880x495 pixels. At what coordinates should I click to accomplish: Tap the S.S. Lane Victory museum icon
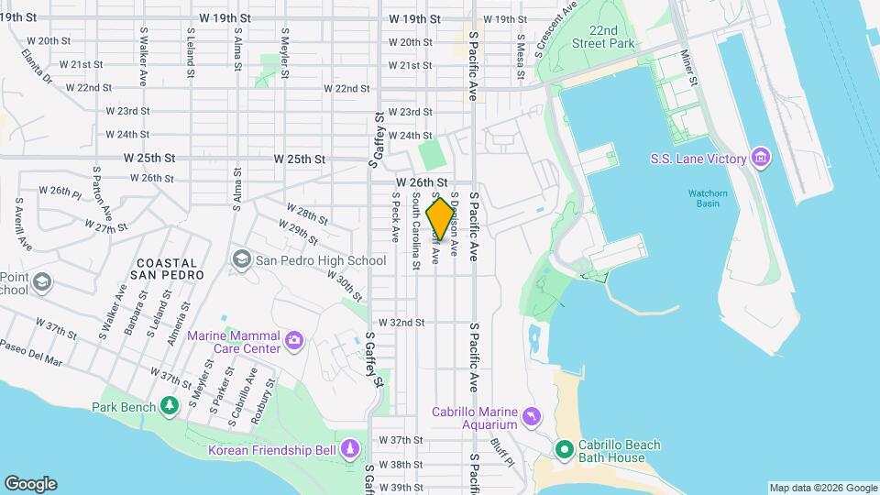point(760,159)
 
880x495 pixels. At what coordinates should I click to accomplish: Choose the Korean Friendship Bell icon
point(349,449)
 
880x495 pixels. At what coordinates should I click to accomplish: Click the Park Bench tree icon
point(169,405)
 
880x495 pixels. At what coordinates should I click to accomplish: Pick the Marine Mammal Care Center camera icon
point(294,342)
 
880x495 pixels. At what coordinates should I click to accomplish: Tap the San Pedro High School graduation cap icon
point(241,260)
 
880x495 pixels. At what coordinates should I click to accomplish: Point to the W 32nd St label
point(401,323)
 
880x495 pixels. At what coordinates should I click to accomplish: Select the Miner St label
point(689,70)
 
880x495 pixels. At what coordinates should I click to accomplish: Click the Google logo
point(30,484)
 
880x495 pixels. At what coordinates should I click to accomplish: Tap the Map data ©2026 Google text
point(821,488)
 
